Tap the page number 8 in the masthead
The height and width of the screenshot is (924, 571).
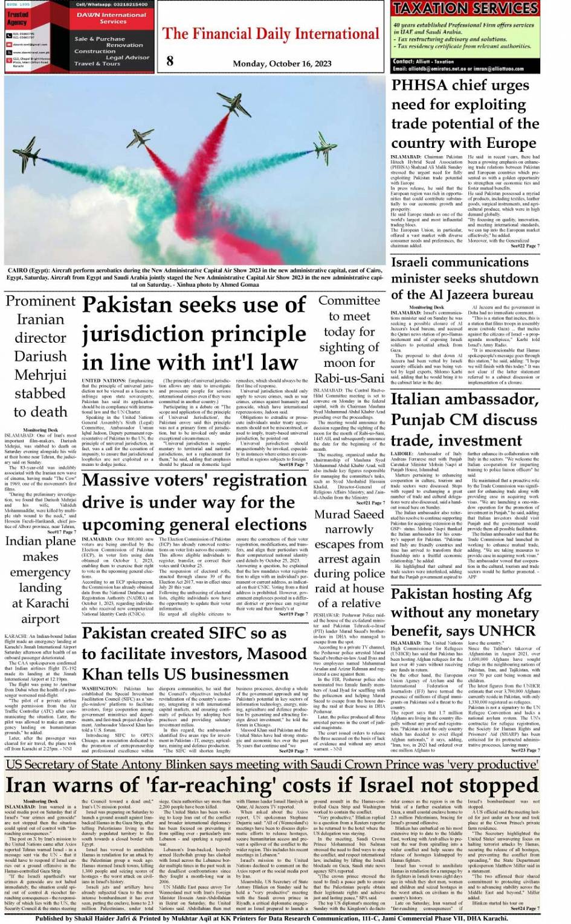click(x=170, y=60)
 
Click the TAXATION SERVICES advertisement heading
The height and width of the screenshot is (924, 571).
click(x=465, y=8)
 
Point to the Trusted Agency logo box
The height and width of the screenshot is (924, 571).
click(x=17, y=18)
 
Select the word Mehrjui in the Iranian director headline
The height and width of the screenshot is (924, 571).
click(x=40, y=375)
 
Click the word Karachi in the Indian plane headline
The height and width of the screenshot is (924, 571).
click(x=48, y=603)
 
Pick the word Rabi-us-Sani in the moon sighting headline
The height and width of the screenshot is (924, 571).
click(x=349, y=378)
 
